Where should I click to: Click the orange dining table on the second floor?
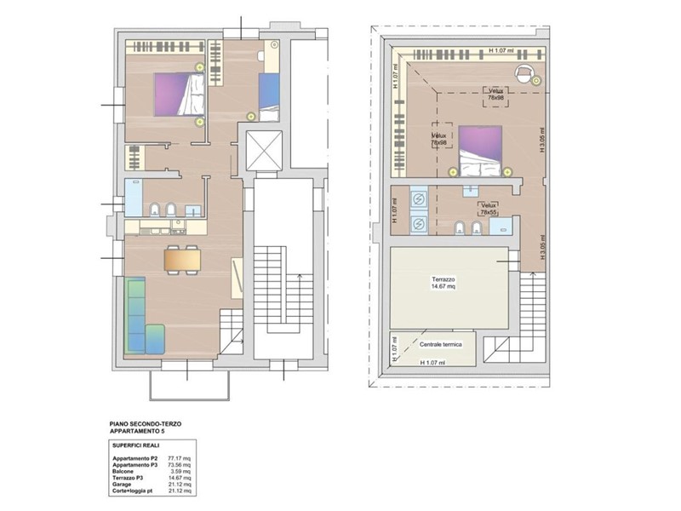(183, 258)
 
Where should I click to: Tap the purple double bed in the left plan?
(180, 95)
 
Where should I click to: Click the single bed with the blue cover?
(270, 94)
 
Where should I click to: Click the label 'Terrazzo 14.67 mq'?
(449, 283)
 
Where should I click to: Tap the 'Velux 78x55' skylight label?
(488, 210)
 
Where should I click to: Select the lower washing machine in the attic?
(418, 224)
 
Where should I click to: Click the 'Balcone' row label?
(125, 472)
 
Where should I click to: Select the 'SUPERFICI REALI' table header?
(137, 445)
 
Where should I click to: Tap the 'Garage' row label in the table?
(124, 485)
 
